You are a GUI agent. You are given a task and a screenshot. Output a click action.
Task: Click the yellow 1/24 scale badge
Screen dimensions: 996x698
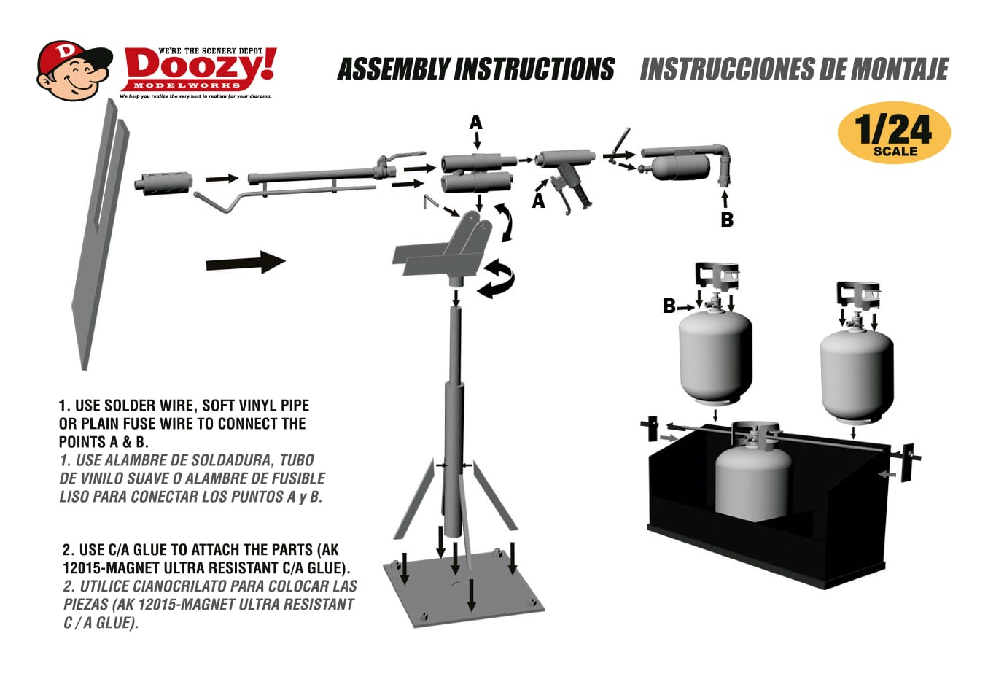pos(894,132)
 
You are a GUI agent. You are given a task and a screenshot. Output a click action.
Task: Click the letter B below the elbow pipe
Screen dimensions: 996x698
pos(727,220)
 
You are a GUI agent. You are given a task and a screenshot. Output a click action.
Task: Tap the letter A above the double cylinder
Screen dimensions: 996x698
pos(476,123)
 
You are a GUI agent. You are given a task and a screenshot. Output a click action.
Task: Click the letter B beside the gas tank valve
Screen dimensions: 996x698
pos(669,306)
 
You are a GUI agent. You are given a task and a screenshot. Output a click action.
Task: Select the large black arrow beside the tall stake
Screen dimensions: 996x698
pos(245,263)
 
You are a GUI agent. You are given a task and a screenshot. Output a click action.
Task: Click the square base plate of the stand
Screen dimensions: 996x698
pos(464,586)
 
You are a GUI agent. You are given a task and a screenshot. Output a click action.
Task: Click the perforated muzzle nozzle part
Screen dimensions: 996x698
pos(163,182)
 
